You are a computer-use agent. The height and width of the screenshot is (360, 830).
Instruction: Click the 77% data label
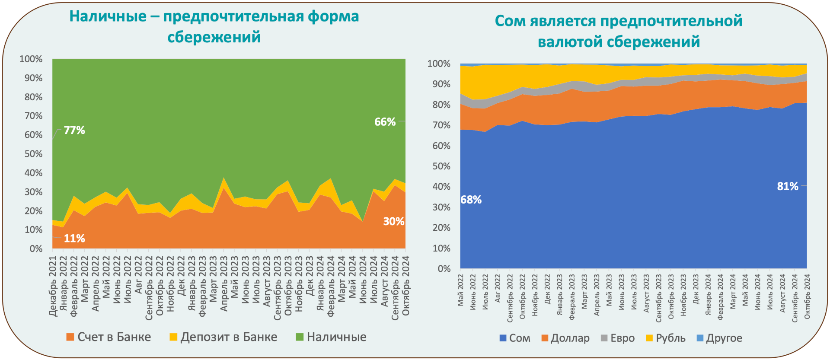click(74, 130)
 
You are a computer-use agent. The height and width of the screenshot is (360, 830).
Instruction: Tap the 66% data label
click(385, 122)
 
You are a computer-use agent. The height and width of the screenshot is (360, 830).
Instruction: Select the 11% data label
click(74, 239)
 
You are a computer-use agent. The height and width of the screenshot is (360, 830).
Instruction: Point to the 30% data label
click(393, 222)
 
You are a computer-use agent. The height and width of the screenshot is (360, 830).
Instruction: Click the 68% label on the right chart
click(471, 200)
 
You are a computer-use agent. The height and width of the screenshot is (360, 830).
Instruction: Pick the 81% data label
click(787, 186)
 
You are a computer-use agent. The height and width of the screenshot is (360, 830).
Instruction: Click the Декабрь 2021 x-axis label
click(53, 286)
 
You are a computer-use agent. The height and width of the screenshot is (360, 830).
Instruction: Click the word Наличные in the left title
click(108, 16)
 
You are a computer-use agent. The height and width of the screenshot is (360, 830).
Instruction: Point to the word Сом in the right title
click(510, 21)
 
